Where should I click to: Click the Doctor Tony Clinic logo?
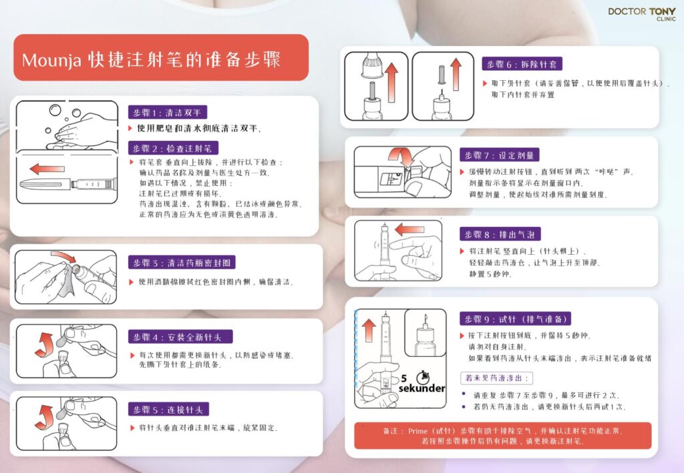(x=642, y=13)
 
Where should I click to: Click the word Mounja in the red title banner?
(x=51, y=60)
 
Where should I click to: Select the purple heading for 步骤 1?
(x=168, y=112)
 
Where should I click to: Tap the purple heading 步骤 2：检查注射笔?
(x=173, y=148)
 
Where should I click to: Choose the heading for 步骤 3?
(x=182, y=263)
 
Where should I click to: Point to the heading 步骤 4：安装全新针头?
(x=180, y=337)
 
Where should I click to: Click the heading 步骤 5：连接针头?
(x=168, y=410)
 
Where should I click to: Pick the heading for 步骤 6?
(x=522, y=64)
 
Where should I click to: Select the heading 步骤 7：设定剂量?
(x=500, y=155)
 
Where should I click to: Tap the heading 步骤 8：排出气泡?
(x=500, y=234)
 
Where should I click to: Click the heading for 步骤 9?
(x=515, y=319)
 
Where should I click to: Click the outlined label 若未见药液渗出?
(x=496, y=378)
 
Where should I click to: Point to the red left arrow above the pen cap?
(x=47, y=169)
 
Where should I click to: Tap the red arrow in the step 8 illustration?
(x=409, y=229)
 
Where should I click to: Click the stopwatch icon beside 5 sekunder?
(x=422, y=376)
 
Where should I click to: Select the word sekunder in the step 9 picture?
(x=422, y=388)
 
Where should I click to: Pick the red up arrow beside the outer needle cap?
(x=391, y=82)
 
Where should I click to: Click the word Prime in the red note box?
(x=418, y=431)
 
